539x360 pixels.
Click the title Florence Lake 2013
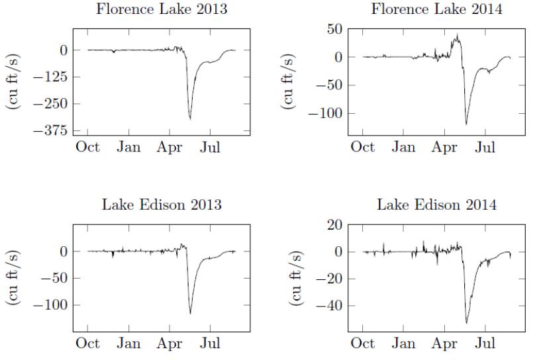pos(161,10)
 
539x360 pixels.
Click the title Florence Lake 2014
pos(436,10)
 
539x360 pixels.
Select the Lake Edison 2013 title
pos(161,204)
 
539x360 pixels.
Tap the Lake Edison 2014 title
pos(436,204)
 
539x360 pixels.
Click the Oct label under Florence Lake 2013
pos(87,147)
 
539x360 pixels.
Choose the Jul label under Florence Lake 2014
pos(485,147)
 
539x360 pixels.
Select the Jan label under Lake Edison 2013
pos(128,343)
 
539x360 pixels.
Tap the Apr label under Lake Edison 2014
pos(444,343)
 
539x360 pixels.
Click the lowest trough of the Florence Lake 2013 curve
pos(190,119)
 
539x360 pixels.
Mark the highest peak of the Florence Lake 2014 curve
pos(457,35)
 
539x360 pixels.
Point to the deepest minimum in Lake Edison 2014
pos(466,323)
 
